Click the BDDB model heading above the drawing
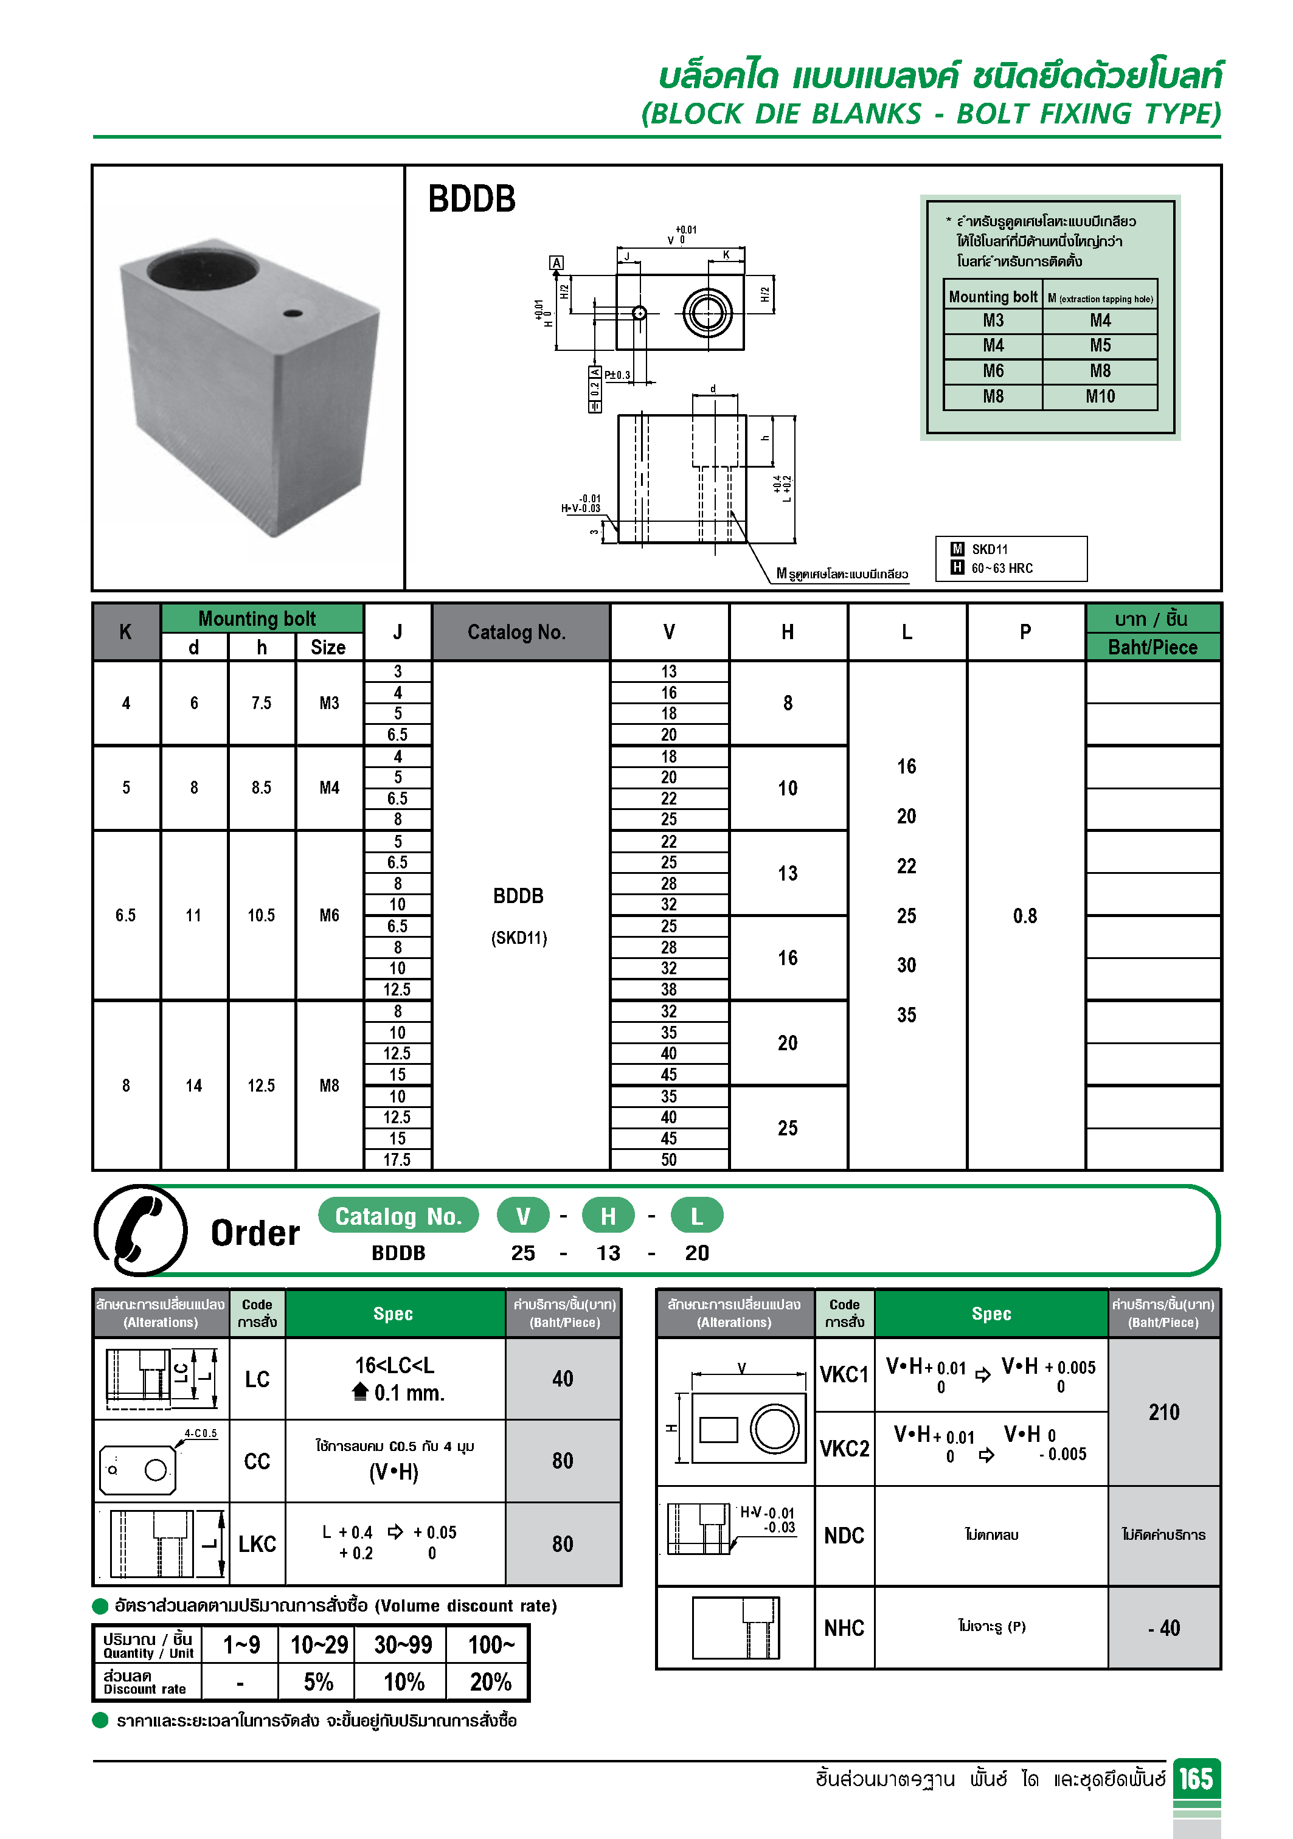pyautogui.click(x=471, y=199)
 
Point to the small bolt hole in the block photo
pyautogui.click(x=293, y=313)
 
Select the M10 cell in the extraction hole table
pyautogui.click(x=1100, y=397)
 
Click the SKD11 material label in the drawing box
pyautogui.click(x=990, y=550)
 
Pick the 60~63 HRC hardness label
pyautogui.click(x=1002, y=569)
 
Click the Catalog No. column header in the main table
pyautogui.click(x=517, y=632)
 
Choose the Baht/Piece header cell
pyautogui.click(x=1152, y=647)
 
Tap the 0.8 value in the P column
pyautogui.click(x=1025, y=915)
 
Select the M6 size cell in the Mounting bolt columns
pyautogui.click(x=329, y=915)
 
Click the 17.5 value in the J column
pyautogui.click(x=397, y=1160)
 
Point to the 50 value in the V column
pyautogui.click(x=669, y=1160)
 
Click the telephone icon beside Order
pyautogui.click(x=141, y=1230)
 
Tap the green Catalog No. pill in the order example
pyautogui.click(x=398, y=1216)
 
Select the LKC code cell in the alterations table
pyautogui.click(x=257, y=1544)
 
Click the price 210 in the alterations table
pyautogui.click(x=1163, y=1412)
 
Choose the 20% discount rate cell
pyautogui.click(x=490, y=1682)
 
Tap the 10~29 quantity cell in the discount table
pyautogui.click(x=318, y=1645)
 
